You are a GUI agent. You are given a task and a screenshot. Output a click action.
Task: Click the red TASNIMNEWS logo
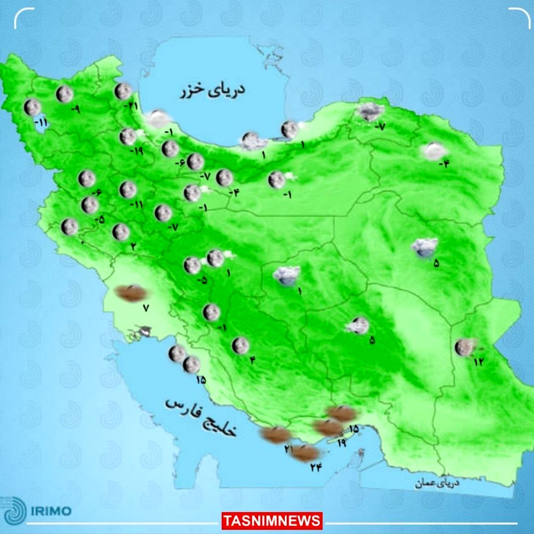[x=271, y=520]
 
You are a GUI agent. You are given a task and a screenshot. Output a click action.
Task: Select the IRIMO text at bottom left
[x=51, y=510]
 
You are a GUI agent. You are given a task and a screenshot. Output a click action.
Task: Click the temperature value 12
[x=478, y=362]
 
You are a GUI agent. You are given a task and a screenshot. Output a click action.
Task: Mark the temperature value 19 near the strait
[x=342, y=442]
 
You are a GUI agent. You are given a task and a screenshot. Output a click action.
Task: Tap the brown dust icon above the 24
[x=307, y=453]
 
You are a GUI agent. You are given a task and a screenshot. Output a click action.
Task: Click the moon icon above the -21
[x=122, y=92]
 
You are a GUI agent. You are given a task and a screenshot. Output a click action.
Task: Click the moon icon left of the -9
[x=65, y=94]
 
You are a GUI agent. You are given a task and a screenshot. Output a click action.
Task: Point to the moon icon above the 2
[x=121, y=232]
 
